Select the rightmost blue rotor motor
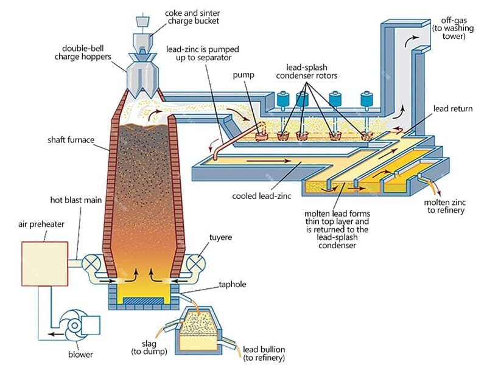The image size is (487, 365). [366, 99]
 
